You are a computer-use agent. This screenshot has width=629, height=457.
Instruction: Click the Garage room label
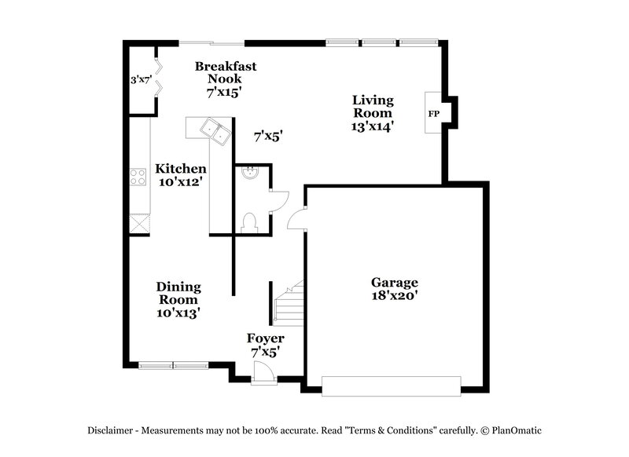(x=395, y=283)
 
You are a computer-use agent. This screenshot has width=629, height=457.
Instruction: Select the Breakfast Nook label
(x=226, y=67)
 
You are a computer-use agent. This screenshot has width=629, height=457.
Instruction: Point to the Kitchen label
(x=181, y=169)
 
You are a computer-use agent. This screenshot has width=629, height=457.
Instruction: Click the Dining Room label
(x=178, y=287)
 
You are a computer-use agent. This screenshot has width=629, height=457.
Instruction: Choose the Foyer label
(x=265, y=338)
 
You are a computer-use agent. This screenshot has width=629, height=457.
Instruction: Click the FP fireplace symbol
(x=433, y=114)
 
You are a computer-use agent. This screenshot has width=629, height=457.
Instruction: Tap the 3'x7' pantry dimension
(x=140, y=79)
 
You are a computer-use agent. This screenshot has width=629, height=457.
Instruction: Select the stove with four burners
(x=138, y=177)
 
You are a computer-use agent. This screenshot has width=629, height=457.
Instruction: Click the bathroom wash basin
(x=248, y=174)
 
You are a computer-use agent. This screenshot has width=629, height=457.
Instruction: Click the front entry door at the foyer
(x=260, y=378)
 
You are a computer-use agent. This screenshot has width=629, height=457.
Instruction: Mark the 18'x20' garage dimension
(x=395, y=296)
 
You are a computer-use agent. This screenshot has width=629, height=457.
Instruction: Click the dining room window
(x=173, y=364)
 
